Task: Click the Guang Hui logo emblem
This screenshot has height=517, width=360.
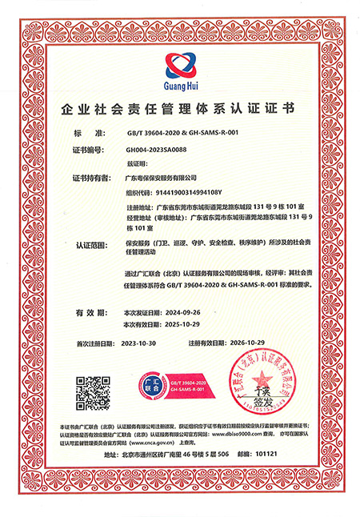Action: coord(180,62)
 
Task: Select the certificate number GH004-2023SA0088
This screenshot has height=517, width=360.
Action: coord(156,149)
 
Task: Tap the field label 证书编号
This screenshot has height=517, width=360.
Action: coord(90,149)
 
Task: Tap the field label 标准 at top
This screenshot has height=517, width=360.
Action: coord(89,133)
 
